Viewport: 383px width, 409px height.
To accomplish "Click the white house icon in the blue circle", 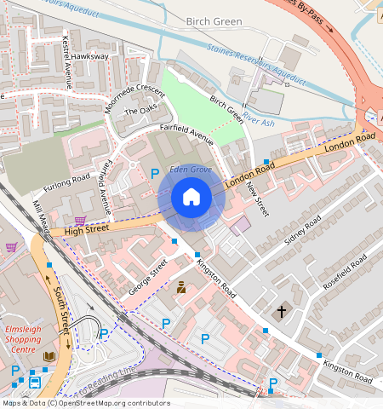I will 191,198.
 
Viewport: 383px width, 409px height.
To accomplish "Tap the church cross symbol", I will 281,312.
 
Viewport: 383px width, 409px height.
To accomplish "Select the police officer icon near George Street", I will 180,288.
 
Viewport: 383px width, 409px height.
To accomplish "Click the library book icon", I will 49,355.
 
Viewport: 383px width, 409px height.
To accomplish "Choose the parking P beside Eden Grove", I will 154,174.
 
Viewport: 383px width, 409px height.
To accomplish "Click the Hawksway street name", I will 90,56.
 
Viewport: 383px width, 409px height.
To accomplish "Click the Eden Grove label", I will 190,169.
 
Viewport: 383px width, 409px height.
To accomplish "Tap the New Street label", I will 256,199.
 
